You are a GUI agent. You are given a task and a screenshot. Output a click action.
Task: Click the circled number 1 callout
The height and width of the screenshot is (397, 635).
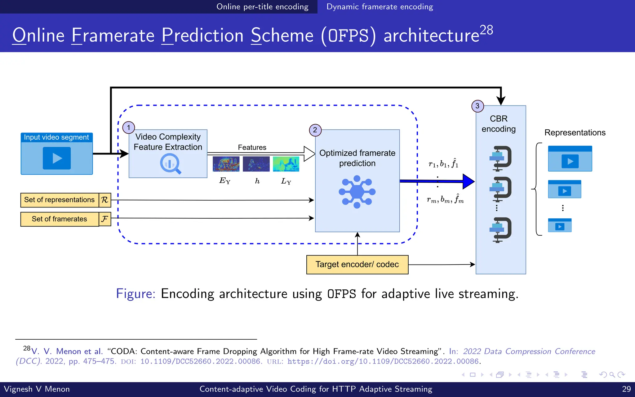click(x=129, y=127)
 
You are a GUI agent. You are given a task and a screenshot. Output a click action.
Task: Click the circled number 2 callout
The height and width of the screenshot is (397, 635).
click(x=315, y=130)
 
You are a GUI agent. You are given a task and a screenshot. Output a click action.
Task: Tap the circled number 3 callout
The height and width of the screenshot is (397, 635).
click(x=477, y=106)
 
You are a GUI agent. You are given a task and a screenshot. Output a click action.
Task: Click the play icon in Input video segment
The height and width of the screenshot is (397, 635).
click(x=57, y=158)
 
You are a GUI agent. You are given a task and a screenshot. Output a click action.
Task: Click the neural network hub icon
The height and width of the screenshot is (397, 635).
click(x=357, y=192)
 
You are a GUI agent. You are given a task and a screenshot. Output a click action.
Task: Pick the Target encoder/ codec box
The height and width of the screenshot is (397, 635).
click(x=357, y=265)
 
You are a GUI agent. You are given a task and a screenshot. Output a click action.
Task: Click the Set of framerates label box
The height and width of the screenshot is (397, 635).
click(x=60, y=219)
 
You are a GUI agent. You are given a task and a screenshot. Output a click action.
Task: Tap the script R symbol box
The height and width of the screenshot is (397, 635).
click(x=105, y=200)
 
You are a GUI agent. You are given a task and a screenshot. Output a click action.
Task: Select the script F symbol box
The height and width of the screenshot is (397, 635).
click(x=105, y=219)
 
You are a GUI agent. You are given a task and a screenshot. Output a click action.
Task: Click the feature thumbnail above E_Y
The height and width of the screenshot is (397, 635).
click(x=226, y=164)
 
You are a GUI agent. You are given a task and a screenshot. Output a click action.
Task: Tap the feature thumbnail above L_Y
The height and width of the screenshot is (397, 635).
click(x=286, y=164)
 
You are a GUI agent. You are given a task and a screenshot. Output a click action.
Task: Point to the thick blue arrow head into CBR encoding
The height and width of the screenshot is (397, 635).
click(x=468, y=181)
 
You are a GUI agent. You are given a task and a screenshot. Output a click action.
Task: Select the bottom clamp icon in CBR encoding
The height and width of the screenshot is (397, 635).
click(x=500, y=230)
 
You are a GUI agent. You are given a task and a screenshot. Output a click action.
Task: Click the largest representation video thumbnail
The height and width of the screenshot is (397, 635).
click(x=570, y=158)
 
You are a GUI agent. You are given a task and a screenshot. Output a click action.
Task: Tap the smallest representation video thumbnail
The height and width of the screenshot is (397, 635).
click(x=560, y=225)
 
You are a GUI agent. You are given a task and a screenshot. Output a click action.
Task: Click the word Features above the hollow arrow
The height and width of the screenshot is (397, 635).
click(x=252, y=147)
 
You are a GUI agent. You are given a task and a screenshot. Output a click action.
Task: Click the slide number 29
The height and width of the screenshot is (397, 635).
click(x=626, y=389)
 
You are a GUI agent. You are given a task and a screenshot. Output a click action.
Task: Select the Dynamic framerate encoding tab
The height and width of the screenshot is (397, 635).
click(x=380, y=7)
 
